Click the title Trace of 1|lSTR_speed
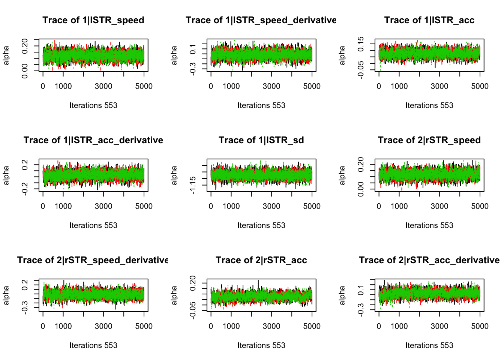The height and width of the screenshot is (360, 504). [x=93, y=20]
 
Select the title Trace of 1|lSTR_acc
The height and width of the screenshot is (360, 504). [x=429, y=20]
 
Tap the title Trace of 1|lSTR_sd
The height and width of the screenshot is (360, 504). [x=261, y=140]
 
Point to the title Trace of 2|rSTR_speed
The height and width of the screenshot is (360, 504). [x=429, y=140]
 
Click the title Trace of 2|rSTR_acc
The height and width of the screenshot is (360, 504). [x=261, y=260]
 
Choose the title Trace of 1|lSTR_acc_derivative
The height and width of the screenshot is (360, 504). [x=93, y=140]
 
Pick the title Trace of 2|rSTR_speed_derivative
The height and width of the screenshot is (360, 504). [x=93, y=260]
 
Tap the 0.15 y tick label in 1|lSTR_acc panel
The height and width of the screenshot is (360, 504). [x=361, y=44]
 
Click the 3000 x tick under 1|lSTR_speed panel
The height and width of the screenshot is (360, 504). [x=103, y=86]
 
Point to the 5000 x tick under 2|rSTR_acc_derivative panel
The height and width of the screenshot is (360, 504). [x=480, y=326]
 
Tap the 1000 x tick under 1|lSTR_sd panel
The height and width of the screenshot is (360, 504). [x=231, y=206]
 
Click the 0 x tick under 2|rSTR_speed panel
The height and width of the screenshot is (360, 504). [x=379, y=206]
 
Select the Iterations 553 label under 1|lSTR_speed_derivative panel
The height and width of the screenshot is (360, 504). [x=261, y=105]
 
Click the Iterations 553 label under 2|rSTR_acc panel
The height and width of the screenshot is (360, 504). [x=261, y=345]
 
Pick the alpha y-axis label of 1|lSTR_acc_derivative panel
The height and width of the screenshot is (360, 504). [x=6, y=175]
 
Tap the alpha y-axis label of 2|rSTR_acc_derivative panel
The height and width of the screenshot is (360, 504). [x=342, y=295]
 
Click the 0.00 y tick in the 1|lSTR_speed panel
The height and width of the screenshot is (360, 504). [x=25, y=71]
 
